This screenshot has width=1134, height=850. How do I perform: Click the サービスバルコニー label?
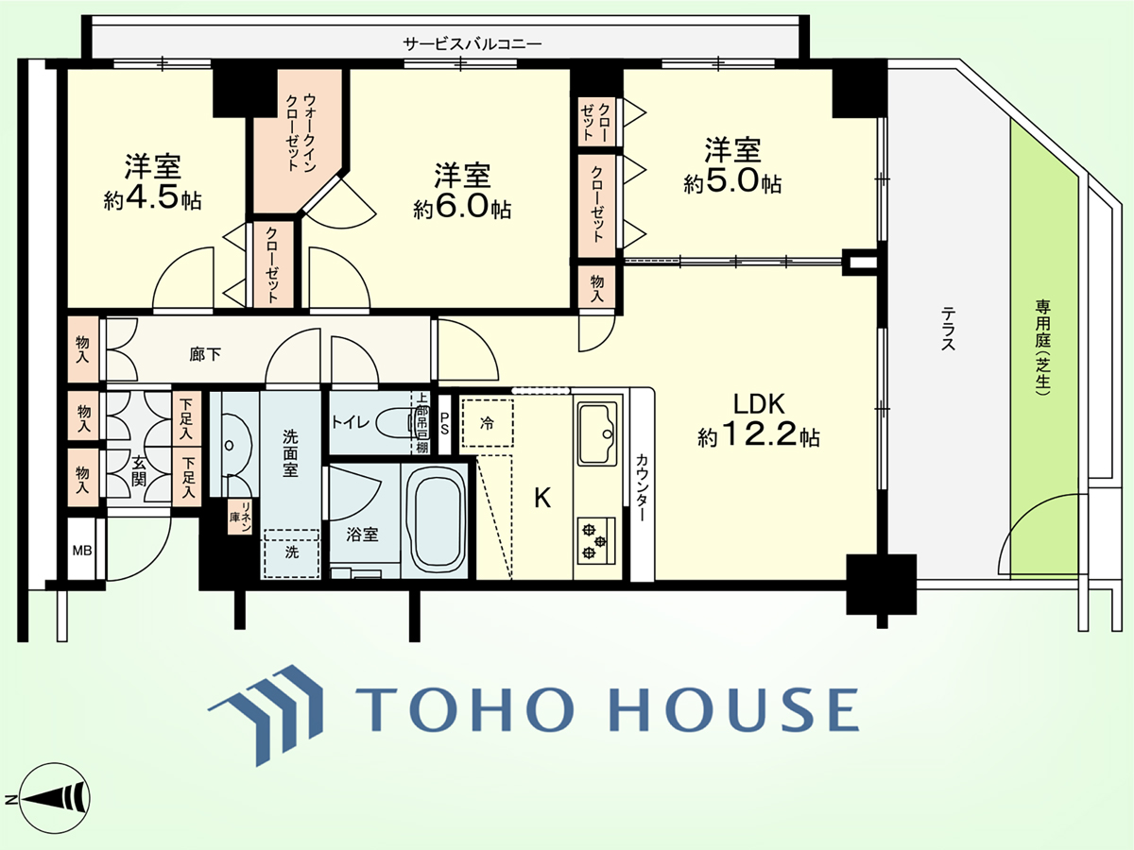(472, 43)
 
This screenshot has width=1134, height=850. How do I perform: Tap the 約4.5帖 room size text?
(152, 197)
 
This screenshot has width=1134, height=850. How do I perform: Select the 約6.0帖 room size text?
(462, 208)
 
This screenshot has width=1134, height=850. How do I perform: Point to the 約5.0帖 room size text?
(732, 182)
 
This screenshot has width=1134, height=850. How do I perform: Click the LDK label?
(759, 404)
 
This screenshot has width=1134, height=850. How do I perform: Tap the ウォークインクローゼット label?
(301, 132)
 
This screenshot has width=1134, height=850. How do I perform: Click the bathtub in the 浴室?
(436, 520)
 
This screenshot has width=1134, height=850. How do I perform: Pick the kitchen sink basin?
(597, 433)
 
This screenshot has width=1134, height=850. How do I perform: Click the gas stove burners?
(595, 541)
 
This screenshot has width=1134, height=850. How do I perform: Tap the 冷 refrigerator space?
(487, 423)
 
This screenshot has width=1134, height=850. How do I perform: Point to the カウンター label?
(642, 487)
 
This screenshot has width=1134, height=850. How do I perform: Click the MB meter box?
(82, 551)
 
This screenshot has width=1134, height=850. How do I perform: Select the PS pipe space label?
(444, 424)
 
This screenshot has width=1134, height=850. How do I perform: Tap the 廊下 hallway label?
(204, 354)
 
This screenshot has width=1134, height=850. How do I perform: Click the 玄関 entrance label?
(139, 470)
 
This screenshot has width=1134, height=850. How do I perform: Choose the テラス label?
(948, 329)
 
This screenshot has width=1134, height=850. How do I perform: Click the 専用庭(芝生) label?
(1042, 348)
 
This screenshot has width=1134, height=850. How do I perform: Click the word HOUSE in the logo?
(735, 708)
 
